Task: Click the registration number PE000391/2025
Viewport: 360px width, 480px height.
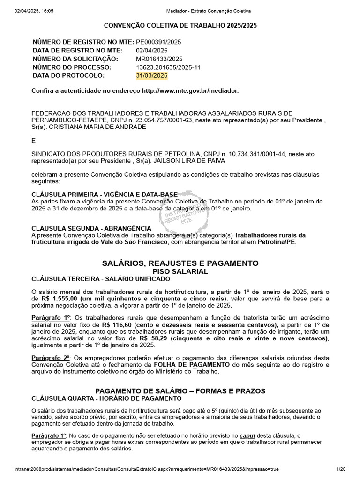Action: coord(158,42)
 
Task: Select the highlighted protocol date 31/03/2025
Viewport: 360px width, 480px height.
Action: coord(151,75)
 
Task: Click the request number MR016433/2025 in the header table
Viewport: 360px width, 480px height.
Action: coord(159,59)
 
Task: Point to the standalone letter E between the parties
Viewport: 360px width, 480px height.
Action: coord(33,140)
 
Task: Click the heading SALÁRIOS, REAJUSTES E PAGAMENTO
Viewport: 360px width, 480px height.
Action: coord(180,263)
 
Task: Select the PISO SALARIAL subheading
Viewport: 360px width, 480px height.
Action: coord(180,271)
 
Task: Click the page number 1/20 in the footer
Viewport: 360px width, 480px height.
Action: coord(341,469)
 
